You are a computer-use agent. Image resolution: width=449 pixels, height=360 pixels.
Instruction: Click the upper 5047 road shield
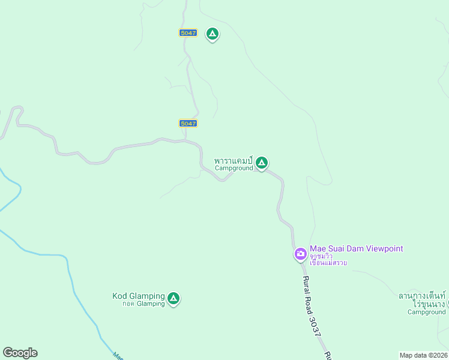pyautogui.click(x=188, y=33)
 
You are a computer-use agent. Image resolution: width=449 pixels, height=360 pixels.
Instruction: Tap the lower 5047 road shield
pyautogui.click(x=188, y=124)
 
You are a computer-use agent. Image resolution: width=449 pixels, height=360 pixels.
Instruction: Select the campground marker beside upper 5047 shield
pyautogui.click(x=212, y=34)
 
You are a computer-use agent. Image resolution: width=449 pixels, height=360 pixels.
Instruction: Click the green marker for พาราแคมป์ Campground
pyautogui.click(x=262, y=163)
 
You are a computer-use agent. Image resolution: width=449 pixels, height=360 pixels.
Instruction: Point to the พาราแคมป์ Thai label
pyautogui.click(x=234, y=161)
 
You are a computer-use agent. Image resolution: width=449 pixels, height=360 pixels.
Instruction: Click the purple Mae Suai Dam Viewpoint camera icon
pyautogui.click(x=300, y=254)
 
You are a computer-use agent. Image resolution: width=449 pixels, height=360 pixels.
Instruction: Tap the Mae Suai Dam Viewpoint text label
pyautogui.click(x=356, y=248)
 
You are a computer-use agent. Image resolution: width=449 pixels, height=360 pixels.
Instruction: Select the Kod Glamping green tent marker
pyautogui.click(x=173, y=298)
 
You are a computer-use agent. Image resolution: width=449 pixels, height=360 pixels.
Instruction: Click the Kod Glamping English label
pyautogui.click(x=138, y=296)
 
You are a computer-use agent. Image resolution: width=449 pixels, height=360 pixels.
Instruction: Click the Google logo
pyautogui.click(x=20, y=353)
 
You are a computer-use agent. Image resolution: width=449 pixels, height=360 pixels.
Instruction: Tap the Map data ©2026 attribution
pyautogui.click(x=424, y=355)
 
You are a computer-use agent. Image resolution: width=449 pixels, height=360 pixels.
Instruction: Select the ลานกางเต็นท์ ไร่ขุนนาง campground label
pyautogui.click(x=423, y=300)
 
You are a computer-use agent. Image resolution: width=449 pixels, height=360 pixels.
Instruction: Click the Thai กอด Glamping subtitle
pyautogui.click(x=143, y=304)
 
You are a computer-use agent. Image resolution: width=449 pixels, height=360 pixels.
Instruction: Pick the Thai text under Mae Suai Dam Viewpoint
pyautogui.click(x=328, y=259)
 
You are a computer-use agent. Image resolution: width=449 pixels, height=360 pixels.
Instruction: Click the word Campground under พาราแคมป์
pyautogui.click(x=234, y=169)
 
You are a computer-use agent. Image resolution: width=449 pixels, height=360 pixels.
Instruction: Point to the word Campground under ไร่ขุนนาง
pyautogui.click(x=426, y=312)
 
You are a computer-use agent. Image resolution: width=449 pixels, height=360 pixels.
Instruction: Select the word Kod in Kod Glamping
pyautogui.click(x=119, y=296)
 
